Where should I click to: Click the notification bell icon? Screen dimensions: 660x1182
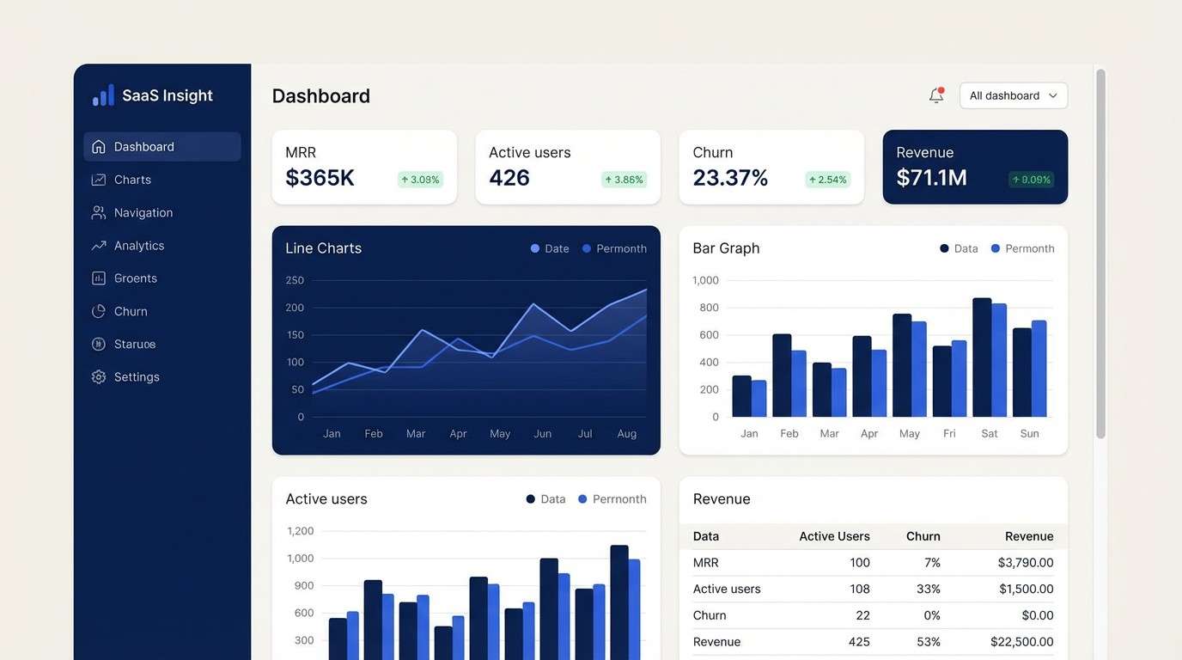pyautogui.click(x=936, y=95)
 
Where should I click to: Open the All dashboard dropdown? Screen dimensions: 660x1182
pyautogui.click(x=1014, y=95)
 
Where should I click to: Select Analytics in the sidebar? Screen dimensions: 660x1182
pyautogui.click(x=138, y=246)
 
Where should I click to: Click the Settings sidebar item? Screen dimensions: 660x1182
pyautogui.click(x=136, y=377)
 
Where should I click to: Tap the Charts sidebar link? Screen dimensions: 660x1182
pyautogui.click(x=132, y=180)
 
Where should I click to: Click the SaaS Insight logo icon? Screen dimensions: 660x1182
pyautogui.click(x=103, y=95)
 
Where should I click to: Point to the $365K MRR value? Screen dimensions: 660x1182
pyautogui.click(x=320, y=178)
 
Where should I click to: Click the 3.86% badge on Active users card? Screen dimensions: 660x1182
pyautogui.click(x=624, y=180)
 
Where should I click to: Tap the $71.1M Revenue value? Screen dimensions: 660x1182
pyautogui.click(x=931, y=178)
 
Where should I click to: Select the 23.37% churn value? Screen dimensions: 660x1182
pyautogui.click(x=730, y=178)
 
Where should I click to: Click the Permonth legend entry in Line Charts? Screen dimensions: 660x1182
pyautogui.click(x=614, y=248)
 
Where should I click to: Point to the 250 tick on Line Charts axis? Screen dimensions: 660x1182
pyautogui.click(x=295, y=280)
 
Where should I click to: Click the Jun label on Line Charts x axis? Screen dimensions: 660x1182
pyautogui.click(x=543, y=434)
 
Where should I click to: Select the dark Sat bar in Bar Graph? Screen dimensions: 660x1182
pyautogui.click(x=982, y=357)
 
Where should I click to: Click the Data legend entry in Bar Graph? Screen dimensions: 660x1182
pyautogui.click(x=959, y=248)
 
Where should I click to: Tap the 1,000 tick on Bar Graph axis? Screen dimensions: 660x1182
pyautogui.click(x=705, y=280)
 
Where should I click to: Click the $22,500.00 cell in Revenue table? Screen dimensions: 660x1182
pyautogui.click(x=1021, y=642)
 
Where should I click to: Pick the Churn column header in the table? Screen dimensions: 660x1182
pyautogui.click(x=923, y=536)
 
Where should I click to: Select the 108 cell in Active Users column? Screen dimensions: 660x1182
pyautogui.click(x=859, y=590)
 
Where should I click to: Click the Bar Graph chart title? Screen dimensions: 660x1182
pyautogui.click(x=726, y=248)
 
